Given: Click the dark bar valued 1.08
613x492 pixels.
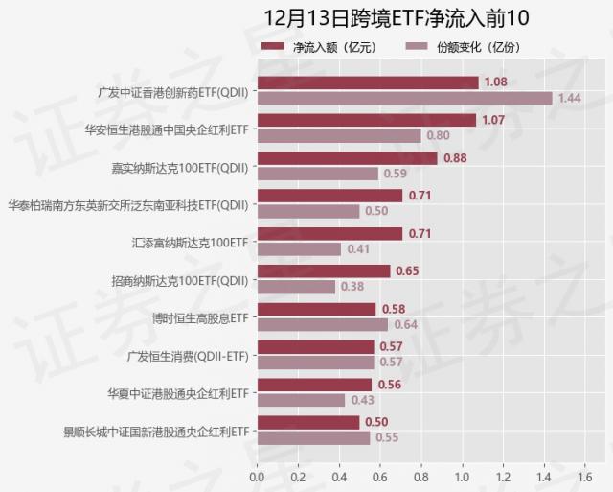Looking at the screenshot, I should [x=368, y=82].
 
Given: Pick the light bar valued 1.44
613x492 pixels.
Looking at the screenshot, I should [x=404, y=98].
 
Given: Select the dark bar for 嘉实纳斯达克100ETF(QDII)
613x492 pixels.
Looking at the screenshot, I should [x=347, y=158].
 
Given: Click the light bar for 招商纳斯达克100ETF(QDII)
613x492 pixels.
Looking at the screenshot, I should [x=296, y=287].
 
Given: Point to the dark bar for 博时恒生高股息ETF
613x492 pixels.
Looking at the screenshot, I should [x=316, y=309].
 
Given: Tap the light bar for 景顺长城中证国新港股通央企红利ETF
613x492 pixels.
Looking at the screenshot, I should [x=313, y=437].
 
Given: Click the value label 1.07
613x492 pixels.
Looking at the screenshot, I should [x=493, y=120].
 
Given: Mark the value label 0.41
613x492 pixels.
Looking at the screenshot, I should [x=358, y=249].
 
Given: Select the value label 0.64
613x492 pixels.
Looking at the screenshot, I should [x=405, y=324].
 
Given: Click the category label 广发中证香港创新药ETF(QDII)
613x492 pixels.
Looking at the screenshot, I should [x=173, y=93].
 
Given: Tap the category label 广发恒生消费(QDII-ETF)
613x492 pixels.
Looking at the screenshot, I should [x=188, y=356].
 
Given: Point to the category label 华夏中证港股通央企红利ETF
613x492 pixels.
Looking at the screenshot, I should [x=178, y=393].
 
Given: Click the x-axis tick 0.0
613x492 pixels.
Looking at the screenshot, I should [x=257, y=476].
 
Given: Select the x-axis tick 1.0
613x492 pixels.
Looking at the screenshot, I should [x=462, y=476].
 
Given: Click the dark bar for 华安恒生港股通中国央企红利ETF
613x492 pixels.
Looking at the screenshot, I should [x=367, y=120].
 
